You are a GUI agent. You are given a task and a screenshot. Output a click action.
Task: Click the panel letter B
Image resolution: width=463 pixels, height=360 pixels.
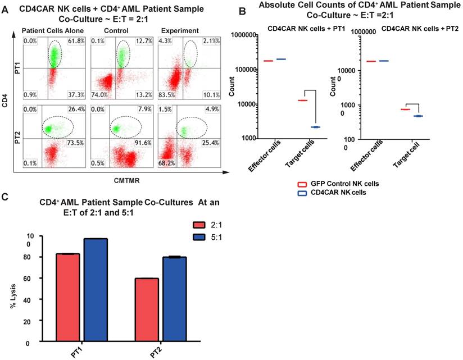click(242, 10)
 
